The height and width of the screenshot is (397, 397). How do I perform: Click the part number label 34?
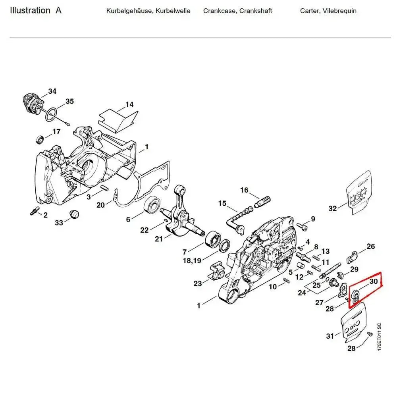[x=52, y=91]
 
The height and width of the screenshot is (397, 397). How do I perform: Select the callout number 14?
[x=129, y=105]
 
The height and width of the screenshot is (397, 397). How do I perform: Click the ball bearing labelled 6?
[x=153, y=206]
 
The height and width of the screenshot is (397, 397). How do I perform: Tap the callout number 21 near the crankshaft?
[x=159, y=239]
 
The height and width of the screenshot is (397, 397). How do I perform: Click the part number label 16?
[x=244, y=190]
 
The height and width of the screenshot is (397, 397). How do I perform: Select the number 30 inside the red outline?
[x=373, y=281]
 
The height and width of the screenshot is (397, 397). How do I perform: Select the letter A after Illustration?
[x=58, y=10]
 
